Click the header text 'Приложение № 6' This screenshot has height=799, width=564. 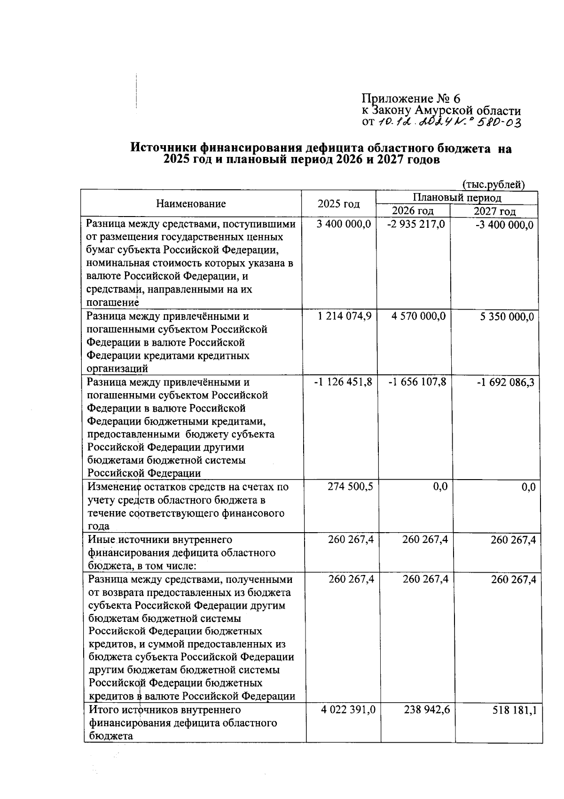(411, 99)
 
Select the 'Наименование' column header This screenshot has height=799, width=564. (191, 204)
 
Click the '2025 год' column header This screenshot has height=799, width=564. (338, 204)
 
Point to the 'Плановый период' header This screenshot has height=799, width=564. (457, 197)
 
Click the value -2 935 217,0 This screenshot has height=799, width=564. (416, 225)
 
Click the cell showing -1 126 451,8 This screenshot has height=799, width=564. (343, 382)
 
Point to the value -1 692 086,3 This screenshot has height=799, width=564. (505, 383)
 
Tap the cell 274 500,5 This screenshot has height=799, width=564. (350, 487)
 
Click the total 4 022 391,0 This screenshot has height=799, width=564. (348, 710)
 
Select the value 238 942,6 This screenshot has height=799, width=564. (426, 710)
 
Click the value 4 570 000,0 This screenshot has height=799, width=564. (418, 317)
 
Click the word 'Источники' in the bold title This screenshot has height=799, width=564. (163, 149)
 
